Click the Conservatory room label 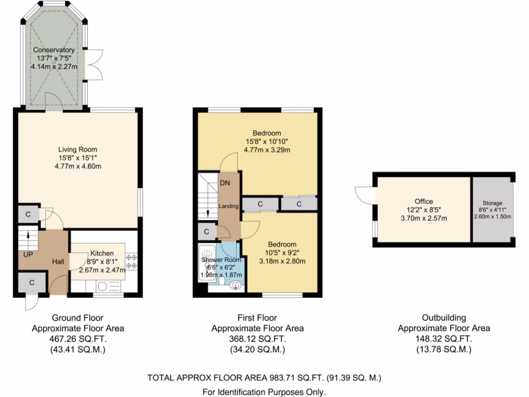click(x=54, y=50)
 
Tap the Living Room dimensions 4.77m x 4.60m click(x=77, y=166)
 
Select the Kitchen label click(x=102, y=253)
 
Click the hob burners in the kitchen click(x=131, y=261)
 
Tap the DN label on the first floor click(x=225, y=183)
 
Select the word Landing click(x=228, y=206)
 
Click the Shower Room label click(x=222, y=259)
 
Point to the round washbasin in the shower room click(x=236, y=285)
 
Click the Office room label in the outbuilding click(x=424, y=202)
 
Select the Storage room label click(x=492, y=204)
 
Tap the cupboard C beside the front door click(x=32, y=283)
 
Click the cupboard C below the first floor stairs click(x=206, y=232)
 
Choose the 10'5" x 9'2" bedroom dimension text click(x=282, y=253)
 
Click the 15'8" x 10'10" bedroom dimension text click(x=267, y=142)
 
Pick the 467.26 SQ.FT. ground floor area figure click(x=77, y=339)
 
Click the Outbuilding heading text click(x=444, y=318)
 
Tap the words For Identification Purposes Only click(x=264, y=392)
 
